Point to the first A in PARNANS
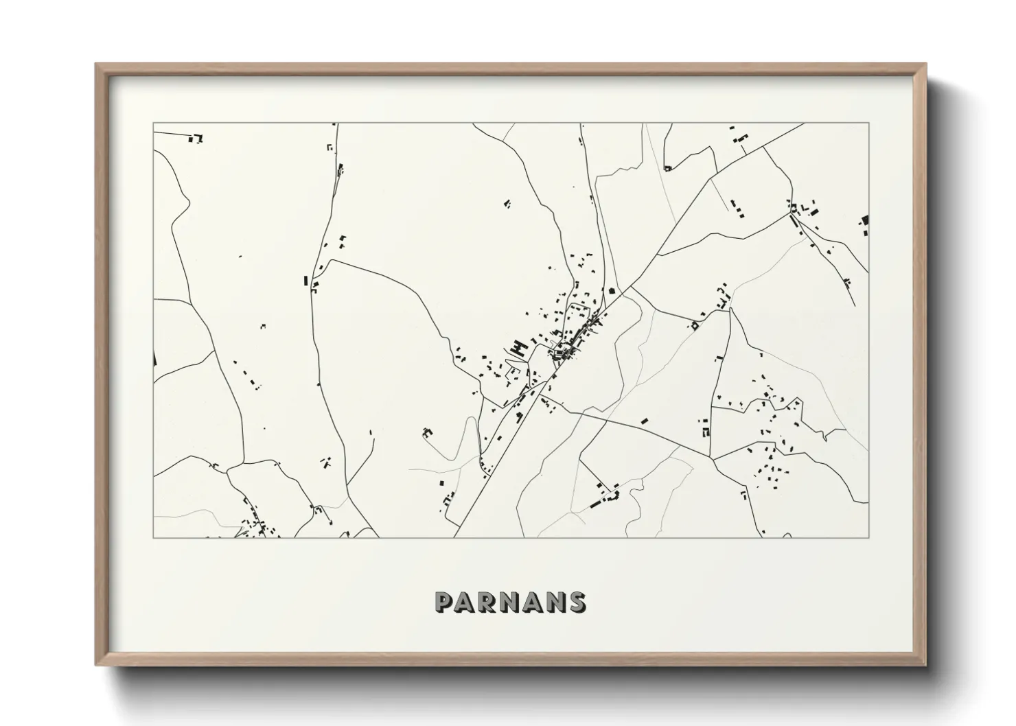point(467,602)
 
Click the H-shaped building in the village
point(519,348)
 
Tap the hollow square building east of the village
point(695,326)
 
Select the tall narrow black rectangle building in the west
point(305,280)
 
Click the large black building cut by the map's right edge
point(864,220)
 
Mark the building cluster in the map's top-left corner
point(196,139)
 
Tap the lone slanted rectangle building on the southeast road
point(644,421)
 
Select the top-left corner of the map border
point(153,124)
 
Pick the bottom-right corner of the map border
point(868,537)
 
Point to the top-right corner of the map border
point(868,124)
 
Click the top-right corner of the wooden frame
point(927,64)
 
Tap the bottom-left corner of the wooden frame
point(95,665)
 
